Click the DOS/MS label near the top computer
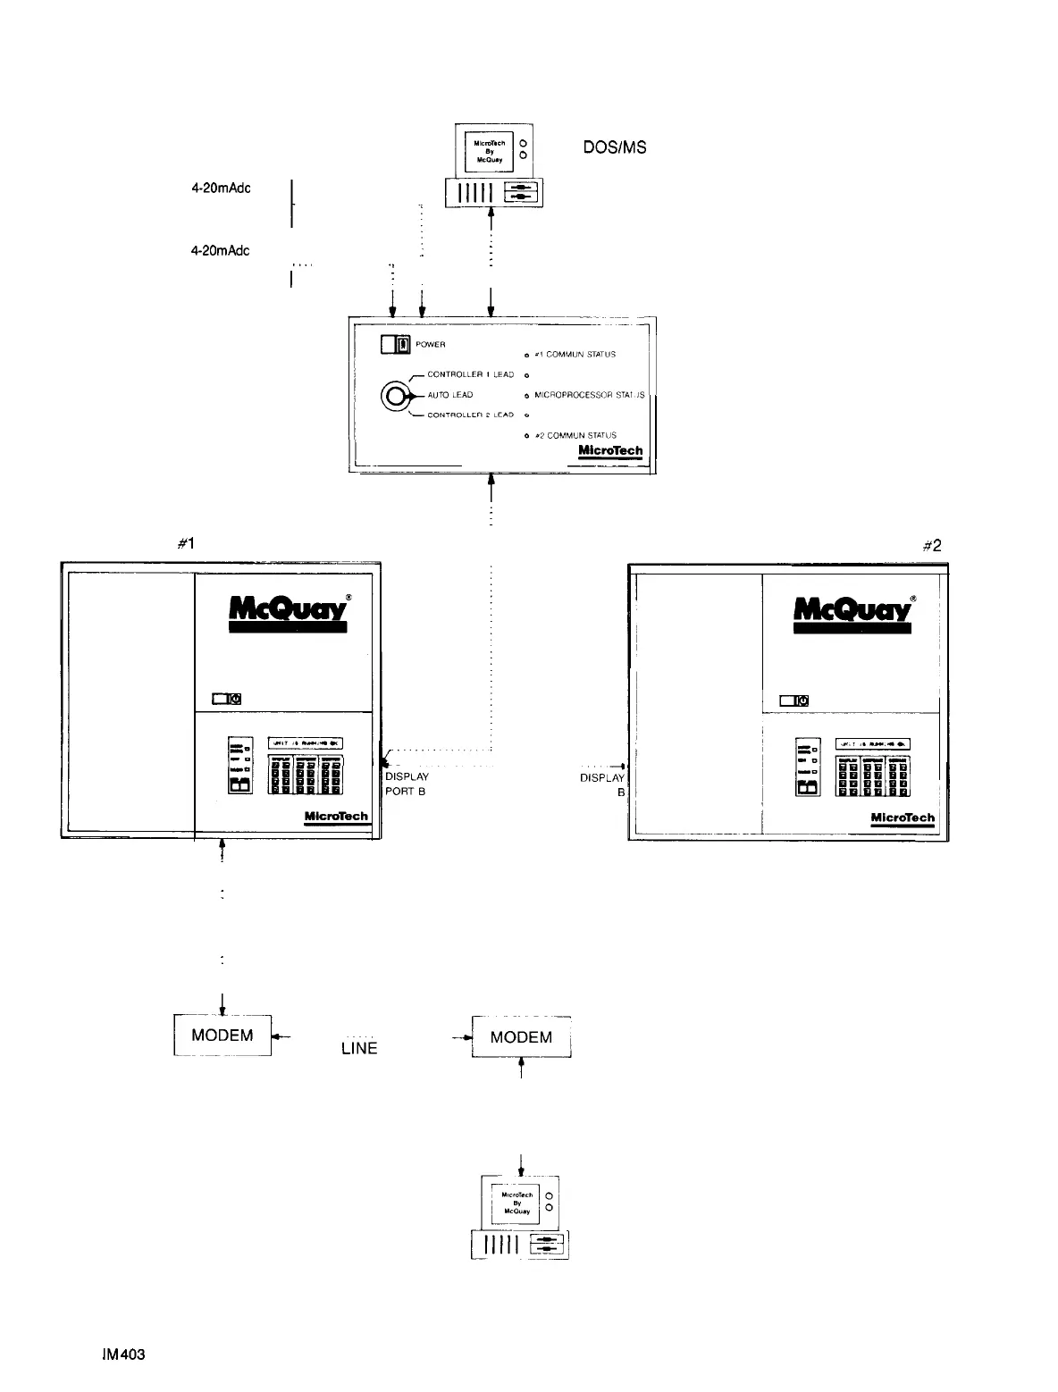coord(614,147)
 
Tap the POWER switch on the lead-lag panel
coord(395,344)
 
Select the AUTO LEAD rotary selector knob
coord(396,395)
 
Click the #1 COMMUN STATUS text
coord(575,355)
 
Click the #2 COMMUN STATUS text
coord(575,435)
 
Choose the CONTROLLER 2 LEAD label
coord(470,415)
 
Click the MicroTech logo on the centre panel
coord(610,451)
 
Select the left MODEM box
coord(223,1036)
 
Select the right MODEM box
coord(522,1037)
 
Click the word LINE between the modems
coord(359,1049)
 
